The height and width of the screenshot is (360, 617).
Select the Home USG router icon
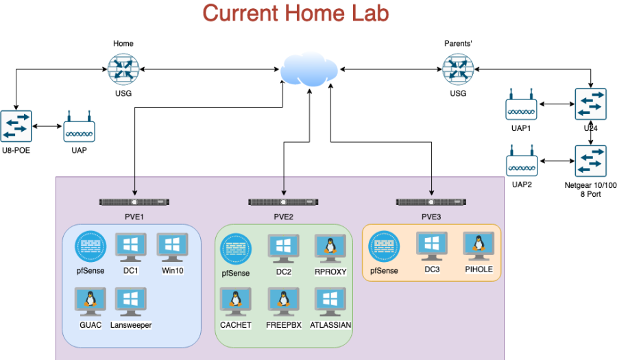click(x=123, y=69)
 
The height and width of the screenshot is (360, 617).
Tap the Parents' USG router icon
click(x=457, y=69)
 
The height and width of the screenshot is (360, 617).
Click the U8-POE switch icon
click(x=16, y=126)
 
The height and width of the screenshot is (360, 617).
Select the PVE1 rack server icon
click(x=134, y=202)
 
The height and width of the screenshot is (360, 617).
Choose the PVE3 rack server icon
click(x=432, y=202)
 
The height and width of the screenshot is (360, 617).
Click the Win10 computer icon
click(x=173, y=248)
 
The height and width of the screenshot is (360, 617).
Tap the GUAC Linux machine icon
click(x=90, y=302)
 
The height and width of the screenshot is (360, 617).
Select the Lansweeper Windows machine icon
click(x=131, y=302)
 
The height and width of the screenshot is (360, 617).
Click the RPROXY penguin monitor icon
click(x=330, y=248)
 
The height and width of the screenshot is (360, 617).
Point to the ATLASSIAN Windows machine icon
click(x=330, y=302)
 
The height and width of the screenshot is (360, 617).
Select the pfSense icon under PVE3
click(x=384, y=247)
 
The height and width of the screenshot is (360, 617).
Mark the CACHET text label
click(x=236, y=325)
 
